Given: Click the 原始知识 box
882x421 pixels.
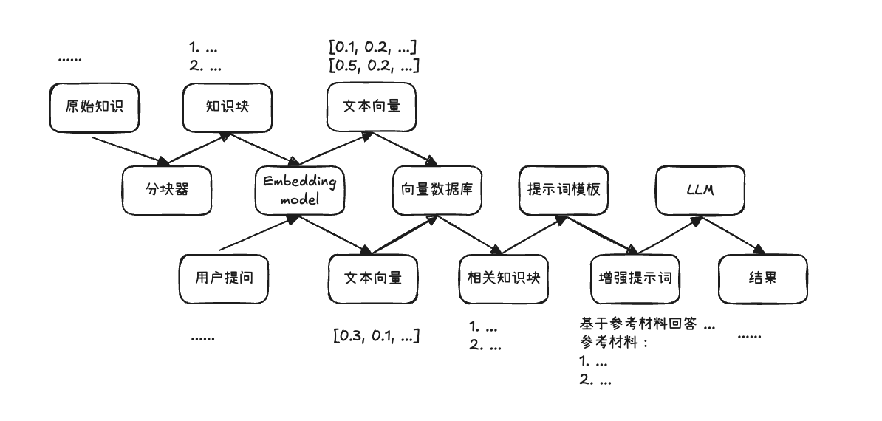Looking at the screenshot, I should click(x=94, y=106).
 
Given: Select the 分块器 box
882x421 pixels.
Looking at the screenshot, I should click(x=167, y=190).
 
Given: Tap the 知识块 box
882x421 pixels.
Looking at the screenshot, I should click(x=228, y=106).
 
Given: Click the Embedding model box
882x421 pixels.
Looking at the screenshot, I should click(x=299, y=190).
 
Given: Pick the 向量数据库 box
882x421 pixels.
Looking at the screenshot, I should click(x=437, y=190).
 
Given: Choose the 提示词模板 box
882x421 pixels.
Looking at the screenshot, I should click(x=564, y=190).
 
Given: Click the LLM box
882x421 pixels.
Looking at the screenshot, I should click(x=699, y=190).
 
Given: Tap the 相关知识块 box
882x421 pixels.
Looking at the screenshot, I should click(x=504, y=278).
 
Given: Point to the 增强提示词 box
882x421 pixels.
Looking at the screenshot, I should click(x=635, y=278).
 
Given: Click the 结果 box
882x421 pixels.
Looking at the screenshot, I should click(x=763, y=278).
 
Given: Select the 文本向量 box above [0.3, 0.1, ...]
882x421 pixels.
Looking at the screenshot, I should click(x=373, y=278).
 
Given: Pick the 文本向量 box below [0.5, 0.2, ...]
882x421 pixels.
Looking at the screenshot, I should click(x=372, y=106).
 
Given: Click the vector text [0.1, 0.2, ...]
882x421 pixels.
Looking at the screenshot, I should click(x=373, y=48).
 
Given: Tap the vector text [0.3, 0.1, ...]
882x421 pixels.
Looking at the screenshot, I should click(x=377, y=337).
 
